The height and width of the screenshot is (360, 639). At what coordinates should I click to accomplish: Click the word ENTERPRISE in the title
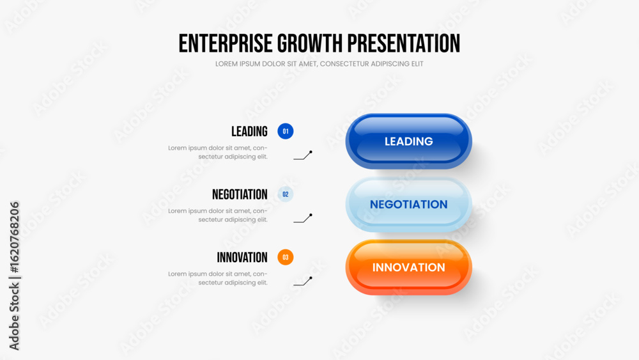226,43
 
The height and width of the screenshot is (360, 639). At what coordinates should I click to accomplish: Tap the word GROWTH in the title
310,43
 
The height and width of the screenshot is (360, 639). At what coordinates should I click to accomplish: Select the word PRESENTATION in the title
403,43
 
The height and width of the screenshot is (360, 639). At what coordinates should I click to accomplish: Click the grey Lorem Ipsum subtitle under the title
319,64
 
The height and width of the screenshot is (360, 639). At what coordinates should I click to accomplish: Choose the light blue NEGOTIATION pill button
409,204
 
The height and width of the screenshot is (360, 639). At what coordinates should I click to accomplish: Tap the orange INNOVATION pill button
409,267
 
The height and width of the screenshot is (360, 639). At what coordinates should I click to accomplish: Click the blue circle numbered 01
285,131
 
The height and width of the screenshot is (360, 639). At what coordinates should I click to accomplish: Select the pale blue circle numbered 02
285,194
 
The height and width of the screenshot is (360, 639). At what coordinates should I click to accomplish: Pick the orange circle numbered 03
285,257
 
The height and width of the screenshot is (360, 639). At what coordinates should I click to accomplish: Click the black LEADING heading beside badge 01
249,131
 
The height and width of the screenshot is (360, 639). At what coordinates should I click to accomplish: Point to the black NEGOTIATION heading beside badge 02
240,194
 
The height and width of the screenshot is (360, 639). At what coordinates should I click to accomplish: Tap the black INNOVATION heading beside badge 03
242,257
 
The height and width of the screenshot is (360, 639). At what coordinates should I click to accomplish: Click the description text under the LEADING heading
218,152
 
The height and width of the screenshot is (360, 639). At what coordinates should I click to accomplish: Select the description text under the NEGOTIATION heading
218,215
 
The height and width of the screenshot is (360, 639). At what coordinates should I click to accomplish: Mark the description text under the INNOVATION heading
218,278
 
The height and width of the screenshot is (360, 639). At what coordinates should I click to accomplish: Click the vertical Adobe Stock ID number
14,237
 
